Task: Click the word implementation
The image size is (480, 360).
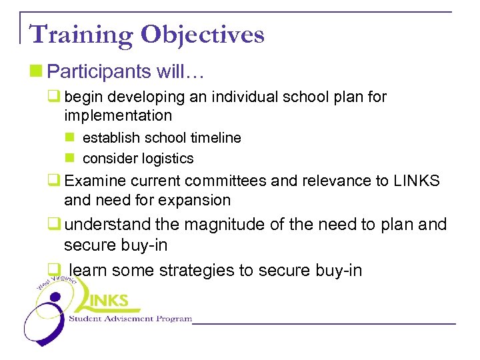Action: point(118,115)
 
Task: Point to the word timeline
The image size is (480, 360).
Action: point(215,138)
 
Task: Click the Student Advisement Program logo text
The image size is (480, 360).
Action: point(130,319)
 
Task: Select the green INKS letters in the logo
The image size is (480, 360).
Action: point(108,301)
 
